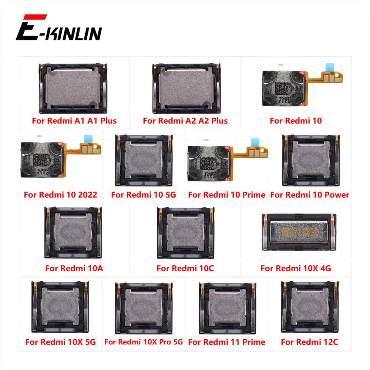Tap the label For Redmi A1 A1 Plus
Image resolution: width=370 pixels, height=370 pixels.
[x=74, y=121]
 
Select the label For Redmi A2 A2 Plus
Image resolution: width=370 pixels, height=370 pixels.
[x=185, y=121]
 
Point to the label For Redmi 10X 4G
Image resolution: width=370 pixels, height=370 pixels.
[x=296, y=268]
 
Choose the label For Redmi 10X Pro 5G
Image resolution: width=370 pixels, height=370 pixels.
[x=144, y=342]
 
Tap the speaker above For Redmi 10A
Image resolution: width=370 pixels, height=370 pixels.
[x=73, y=232]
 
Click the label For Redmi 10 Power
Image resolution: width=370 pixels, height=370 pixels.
[x=310, y=195]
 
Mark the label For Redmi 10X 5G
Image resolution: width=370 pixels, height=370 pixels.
[x=60, y=342]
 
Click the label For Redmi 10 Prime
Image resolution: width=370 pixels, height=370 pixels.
[x=226, y=195]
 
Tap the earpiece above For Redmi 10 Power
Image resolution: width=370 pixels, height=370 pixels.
[x=310, y=160]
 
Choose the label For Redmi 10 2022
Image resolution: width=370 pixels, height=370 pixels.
[x=60, y=195]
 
